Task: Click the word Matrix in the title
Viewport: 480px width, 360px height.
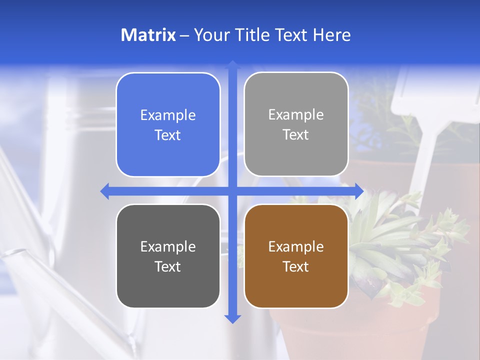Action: [148, 35]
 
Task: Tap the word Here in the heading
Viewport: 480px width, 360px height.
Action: [332, 35]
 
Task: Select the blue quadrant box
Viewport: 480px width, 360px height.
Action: [168, 125]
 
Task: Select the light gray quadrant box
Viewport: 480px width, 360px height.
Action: [296, 124]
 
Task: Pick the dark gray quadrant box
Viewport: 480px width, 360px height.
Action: [168, 256]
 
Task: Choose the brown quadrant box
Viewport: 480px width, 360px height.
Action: [296, 256]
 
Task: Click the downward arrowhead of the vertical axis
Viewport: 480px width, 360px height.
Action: [232, 318]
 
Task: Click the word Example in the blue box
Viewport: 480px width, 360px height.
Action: [168, 115]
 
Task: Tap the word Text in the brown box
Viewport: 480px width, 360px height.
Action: [296, 266]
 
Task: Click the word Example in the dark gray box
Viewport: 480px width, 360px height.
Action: [168, 246]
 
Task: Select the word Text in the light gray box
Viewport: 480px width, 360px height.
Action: [296, 135]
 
